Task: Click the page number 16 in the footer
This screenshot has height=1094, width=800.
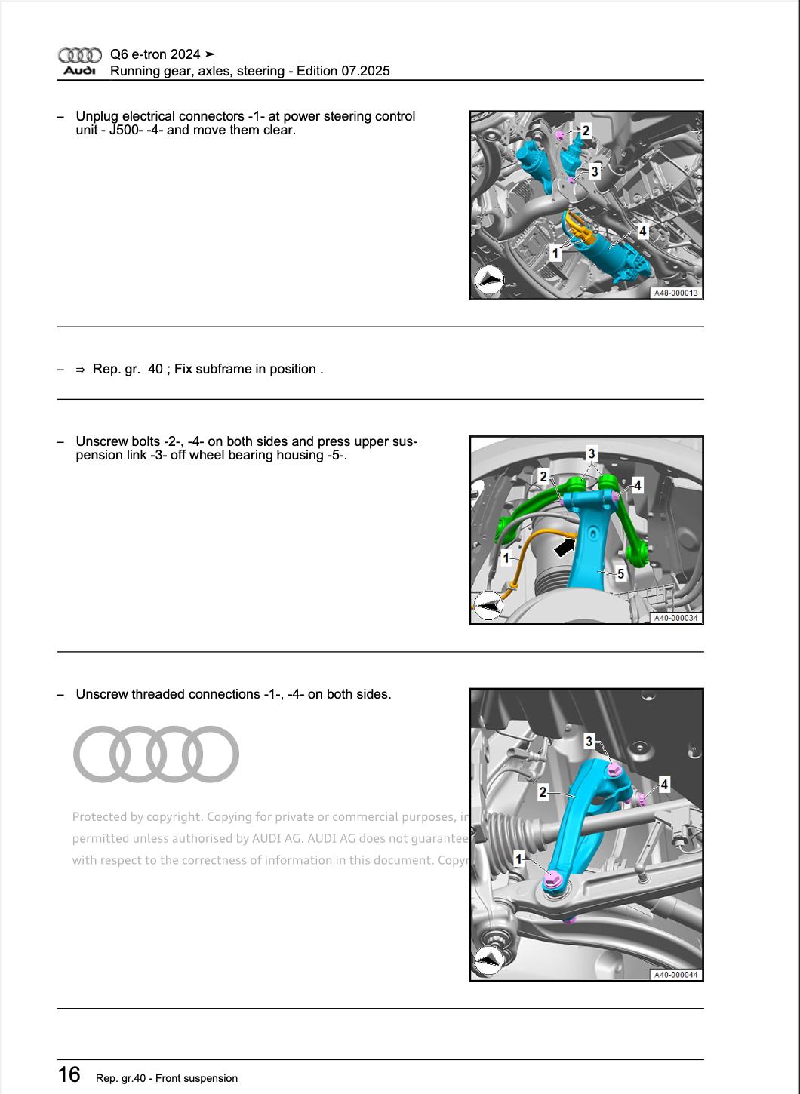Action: click(x=69, y=1074)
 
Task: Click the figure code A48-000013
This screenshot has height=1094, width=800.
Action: click(x=675, y=293)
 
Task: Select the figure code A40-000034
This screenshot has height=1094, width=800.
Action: click(x=675, y=618)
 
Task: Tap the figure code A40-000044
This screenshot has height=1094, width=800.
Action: click(x=675, y=975)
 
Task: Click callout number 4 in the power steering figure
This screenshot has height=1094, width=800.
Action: click(x=642, y=232)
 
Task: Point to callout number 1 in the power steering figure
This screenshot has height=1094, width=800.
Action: click(x=555, y=254)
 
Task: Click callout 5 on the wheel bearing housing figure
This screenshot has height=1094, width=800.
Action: click(x=620, y=574)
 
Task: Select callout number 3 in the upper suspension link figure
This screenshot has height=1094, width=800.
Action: click(x=591, y=453)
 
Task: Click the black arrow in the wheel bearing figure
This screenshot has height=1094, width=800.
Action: click(x=565, y=544)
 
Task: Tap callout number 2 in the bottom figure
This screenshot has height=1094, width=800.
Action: click(x=543, y=792)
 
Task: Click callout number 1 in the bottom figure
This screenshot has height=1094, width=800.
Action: click(x=518, y=859)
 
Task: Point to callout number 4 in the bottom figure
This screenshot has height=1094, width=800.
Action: click(x=664, y=785)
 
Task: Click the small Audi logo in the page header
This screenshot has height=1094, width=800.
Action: click(x=79, y=62)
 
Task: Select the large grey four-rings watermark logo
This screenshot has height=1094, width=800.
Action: click(x=155, y=754)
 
